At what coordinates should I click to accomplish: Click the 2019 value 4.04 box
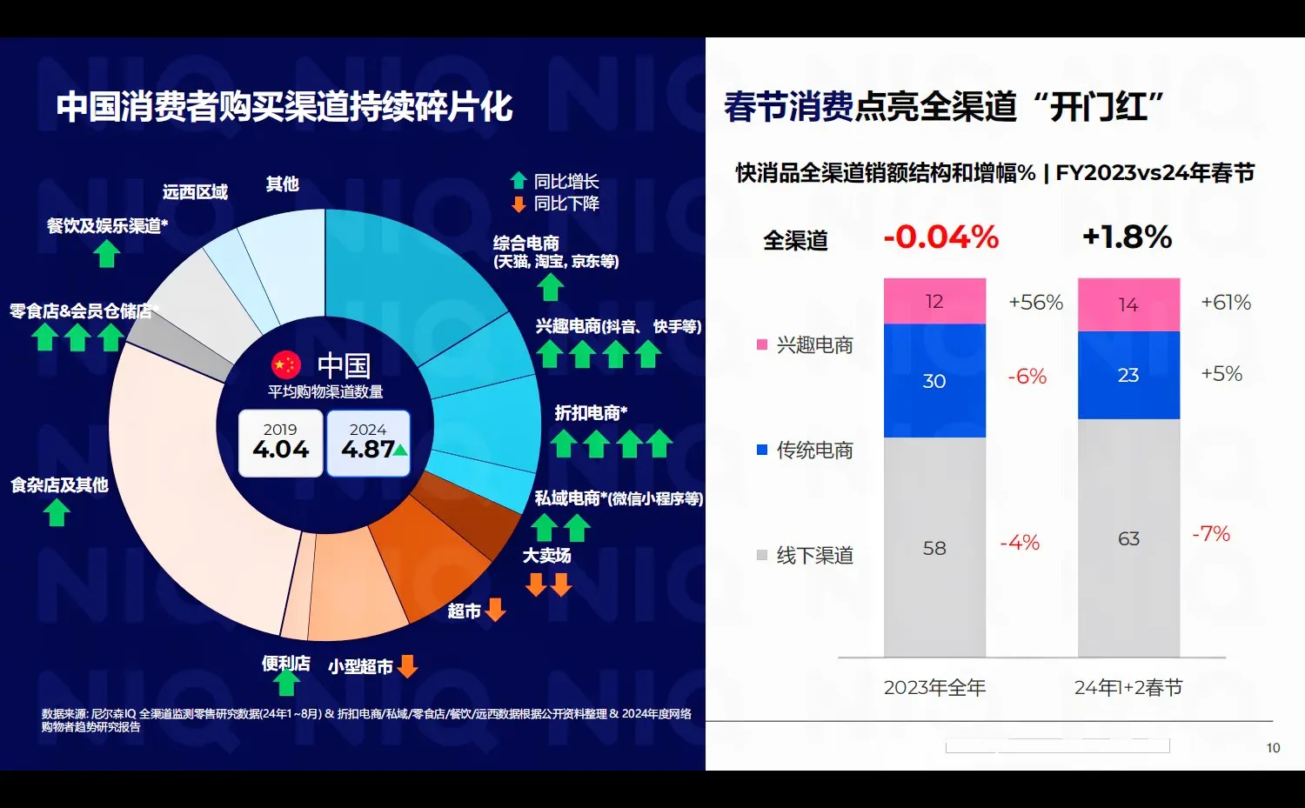[280, 444]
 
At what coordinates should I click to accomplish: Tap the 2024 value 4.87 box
[368, 444]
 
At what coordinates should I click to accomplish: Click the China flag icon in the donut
[285, 364]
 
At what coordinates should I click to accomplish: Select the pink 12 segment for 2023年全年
[934, 301]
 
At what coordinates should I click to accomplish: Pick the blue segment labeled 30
[934, 381]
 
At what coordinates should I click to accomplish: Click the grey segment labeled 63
[1128, 538]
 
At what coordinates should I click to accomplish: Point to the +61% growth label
[1226, 303]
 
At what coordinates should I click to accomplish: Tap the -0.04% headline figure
[940, 237]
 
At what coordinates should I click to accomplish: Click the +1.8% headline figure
[1127, 237]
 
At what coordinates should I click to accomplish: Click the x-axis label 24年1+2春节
[1128, 688]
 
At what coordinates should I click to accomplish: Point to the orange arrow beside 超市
[496, 610]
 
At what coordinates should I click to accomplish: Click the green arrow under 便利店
[286, 683]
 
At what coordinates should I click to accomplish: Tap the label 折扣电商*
[591, 413]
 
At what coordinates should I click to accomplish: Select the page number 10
[1273, 748]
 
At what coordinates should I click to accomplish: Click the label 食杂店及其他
[59, 484]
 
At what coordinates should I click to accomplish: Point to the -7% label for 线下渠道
[1211, 533]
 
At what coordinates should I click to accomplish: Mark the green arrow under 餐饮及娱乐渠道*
[107, 253]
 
